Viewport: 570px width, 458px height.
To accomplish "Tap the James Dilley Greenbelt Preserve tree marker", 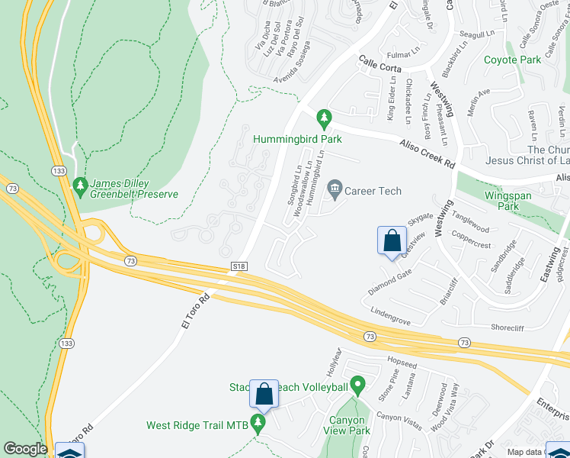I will point(80,185).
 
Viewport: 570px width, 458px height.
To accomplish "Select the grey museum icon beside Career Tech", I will point(334,187).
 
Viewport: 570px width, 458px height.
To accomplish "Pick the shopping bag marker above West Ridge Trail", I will point(264,394).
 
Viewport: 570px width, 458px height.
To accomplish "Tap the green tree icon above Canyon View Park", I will point(356,385).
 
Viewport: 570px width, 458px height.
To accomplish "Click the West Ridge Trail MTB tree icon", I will point(259,423).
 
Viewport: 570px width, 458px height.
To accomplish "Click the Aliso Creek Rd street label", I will point(427,153).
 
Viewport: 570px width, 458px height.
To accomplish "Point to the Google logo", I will point(25,449).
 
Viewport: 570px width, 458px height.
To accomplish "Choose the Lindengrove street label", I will point(395,312).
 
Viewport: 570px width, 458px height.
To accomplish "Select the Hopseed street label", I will point(402,366).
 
